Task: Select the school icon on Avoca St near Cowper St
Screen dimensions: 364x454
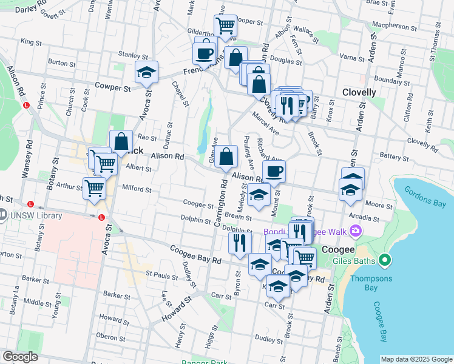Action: tap(146, 72)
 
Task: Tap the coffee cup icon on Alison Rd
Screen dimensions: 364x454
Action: tap(274, 171)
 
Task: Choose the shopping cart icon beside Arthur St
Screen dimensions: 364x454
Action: tap(94, 188)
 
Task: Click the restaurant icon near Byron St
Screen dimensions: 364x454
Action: tap(240, 242)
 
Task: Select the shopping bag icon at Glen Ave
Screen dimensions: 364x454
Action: tap(226, 157)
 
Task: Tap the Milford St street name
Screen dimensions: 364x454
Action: tap(137, 189)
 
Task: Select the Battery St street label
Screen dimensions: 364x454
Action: tap(395, 156)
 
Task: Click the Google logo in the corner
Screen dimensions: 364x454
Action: tap(21, 357)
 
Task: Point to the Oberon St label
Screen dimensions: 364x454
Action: tap(110, 335)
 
